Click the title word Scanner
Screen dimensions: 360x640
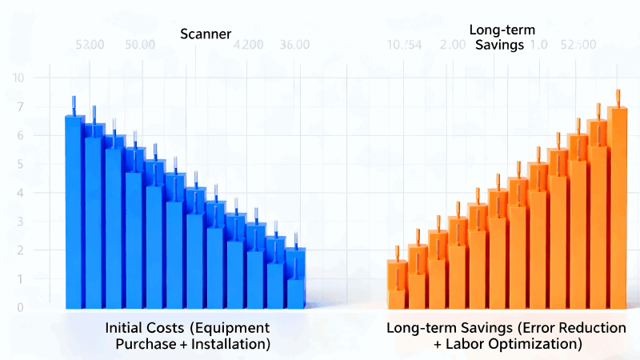tap(205, 34)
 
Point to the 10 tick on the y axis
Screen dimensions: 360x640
tap(18, 78)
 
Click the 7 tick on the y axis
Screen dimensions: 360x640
tap(20, 106)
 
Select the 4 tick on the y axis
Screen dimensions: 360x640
tap(20, 193)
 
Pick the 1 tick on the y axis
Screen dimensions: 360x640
tap(20, 279)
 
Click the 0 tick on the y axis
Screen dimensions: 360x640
tap(20, 307)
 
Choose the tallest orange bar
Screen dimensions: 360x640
tap(617, 208)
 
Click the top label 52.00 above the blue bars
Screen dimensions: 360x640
tap(89, 45)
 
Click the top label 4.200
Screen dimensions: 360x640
tap(249, 45)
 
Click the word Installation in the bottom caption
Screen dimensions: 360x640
tap(230, 344)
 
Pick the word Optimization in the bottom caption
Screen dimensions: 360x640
tap(538, 344)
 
